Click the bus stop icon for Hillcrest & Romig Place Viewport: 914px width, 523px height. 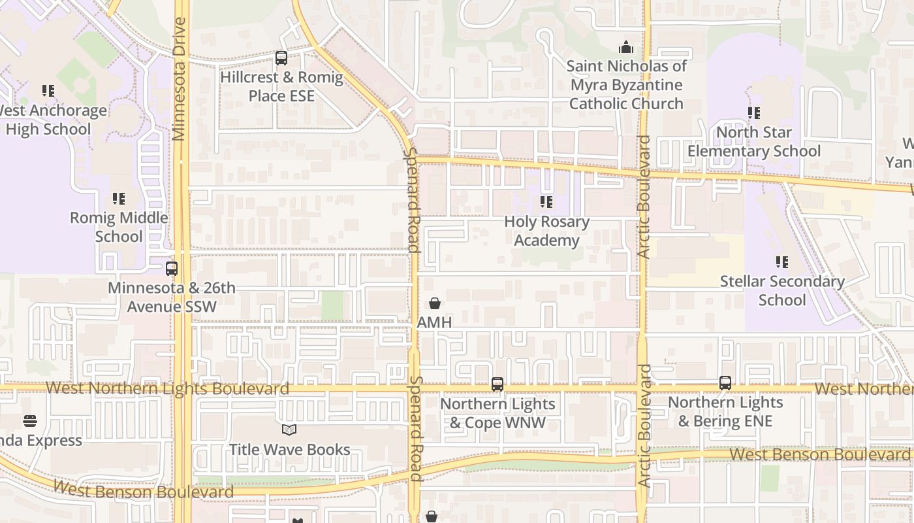(x=281, y=58)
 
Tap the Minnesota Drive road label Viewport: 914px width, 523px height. (x=179, y=79)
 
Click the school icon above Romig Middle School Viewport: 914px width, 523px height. (x=118, y=198)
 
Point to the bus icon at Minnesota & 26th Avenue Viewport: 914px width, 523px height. (x=172, y=269)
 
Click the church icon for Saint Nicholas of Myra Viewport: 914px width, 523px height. (x=626, y=47)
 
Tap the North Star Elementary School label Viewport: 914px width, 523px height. (x=753, y=142)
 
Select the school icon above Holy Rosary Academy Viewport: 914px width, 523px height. (x=546, y=202)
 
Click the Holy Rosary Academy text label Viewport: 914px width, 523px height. (x=546, y=231)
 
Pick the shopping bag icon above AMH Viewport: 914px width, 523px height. (x=435, y=303)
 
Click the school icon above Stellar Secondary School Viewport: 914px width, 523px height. (x=781, y=262)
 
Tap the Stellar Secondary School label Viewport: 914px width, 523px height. (x=781, y=291)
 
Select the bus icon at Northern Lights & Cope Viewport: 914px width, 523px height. (x=497, y=384)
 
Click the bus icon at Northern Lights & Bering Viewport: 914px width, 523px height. (x=725, y=383)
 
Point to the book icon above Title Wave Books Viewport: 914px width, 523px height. (x=289, y=430)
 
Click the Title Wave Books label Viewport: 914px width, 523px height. (x=289, y=450)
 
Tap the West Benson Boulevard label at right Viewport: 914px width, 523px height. (x=819, y=454)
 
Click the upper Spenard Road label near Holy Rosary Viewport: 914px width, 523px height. (x=413, y=199)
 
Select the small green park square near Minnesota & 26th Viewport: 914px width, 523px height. (x=332, y=305)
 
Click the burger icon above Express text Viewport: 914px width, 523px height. (x=30, y=420)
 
